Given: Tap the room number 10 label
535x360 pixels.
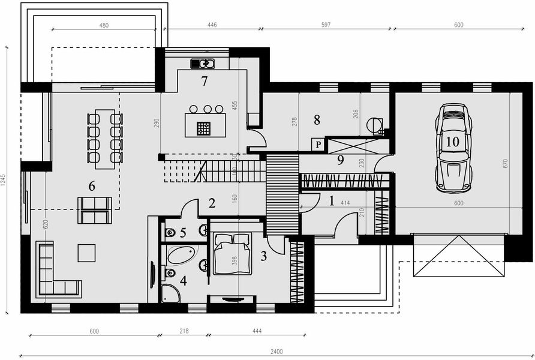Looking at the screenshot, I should click(452, 142).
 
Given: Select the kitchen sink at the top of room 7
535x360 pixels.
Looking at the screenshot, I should click(203, 63).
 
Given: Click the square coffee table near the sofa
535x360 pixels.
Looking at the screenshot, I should click(86, 253).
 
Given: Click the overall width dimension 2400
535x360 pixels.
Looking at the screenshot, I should click(276, 352).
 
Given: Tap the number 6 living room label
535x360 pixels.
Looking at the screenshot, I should click(91, 187).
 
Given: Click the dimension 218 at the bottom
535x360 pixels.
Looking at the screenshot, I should click(184, 331).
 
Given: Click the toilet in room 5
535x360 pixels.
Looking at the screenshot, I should click(169, 232).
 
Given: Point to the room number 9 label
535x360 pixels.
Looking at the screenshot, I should click(339, 160).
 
